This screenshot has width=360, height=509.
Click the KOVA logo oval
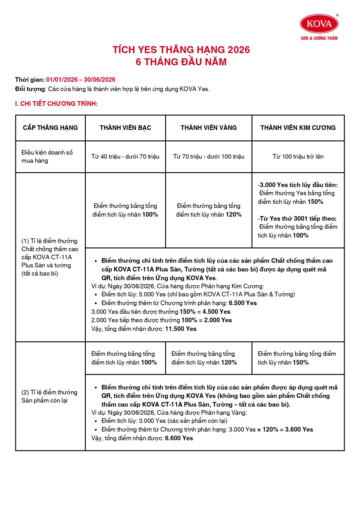click(x=319, y=24)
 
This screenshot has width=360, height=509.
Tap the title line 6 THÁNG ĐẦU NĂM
click(x=181, y=62)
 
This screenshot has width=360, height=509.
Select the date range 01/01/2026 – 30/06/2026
click(x=81, y=80)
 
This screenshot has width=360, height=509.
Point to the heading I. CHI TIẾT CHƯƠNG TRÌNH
click(x=56, y=104)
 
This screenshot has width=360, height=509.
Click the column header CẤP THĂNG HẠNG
click(x=50, y=128)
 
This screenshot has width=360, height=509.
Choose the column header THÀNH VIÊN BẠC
click(x=125, y=128)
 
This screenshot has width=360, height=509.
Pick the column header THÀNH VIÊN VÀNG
click(x=209, y=128)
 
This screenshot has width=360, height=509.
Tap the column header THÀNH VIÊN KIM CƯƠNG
click(x=298, y=128)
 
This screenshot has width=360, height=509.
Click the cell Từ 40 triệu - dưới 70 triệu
click(x=125, y=157)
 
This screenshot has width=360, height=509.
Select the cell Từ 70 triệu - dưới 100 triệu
click(x=209, y=157)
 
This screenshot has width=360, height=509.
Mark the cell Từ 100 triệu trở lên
click(x=298, y=157)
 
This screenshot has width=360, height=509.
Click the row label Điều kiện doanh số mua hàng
click(x=47, y=156)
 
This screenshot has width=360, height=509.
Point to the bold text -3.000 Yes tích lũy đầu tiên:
click(x=298, y=185)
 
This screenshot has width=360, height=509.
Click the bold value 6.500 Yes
click(x=243, y=303)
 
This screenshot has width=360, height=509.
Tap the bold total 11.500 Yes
click(x=181, y=329)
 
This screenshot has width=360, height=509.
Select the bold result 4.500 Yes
click(x=216, y=312)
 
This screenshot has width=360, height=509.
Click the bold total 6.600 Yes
click(x=179, y=438)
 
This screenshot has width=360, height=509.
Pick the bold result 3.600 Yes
click(x=299, y=430)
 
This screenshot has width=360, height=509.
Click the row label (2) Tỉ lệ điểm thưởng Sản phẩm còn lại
click(x=49, y=396)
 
